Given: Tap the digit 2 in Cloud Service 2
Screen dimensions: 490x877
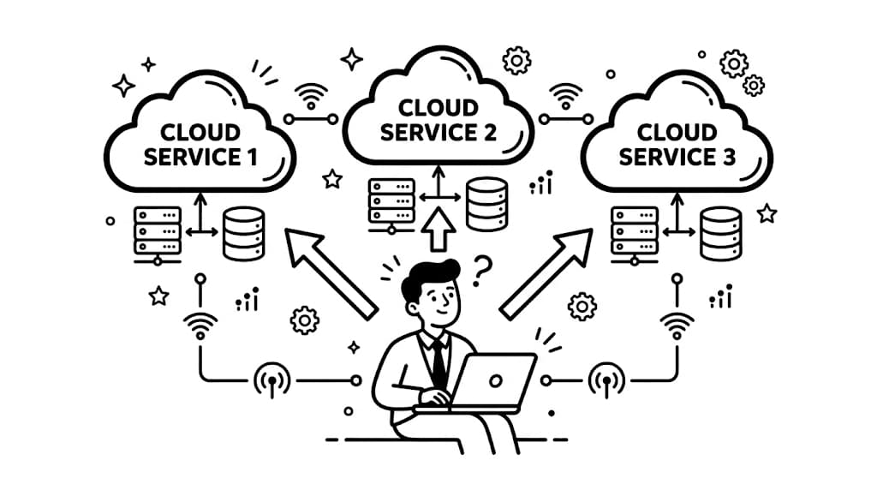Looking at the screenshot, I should coord(487,133).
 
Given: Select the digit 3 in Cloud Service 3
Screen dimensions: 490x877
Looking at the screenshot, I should coord(729,158).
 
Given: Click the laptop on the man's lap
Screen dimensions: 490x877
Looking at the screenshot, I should coord(492,381).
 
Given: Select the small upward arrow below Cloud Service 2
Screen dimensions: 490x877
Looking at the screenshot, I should coord(439,229).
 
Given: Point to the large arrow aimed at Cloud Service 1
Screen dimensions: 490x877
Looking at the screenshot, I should coord(330,272).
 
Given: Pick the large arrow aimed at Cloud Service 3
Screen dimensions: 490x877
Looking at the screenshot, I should coord(546,272).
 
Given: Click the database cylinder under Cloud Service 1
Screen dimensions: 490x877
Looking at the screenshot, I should coord(243,232).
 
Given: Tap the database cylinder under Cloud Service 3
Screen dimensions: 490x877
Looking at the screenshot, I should coord(720,232).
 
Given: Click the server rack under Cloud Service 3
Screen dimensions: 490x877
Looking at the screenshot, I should coord(635,231).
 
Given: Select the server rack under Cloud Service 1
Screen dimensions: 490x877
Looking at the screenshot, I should coord(157,231).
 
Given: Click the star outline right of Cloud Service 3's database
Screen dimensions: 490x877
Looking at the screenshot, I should coord(767,212).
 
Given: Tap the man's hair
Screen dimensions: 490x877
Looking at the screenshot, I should coord(430,277).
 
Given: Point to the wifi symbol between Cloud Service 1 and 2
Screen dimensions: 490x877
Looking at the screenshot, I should coord(311,94).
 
